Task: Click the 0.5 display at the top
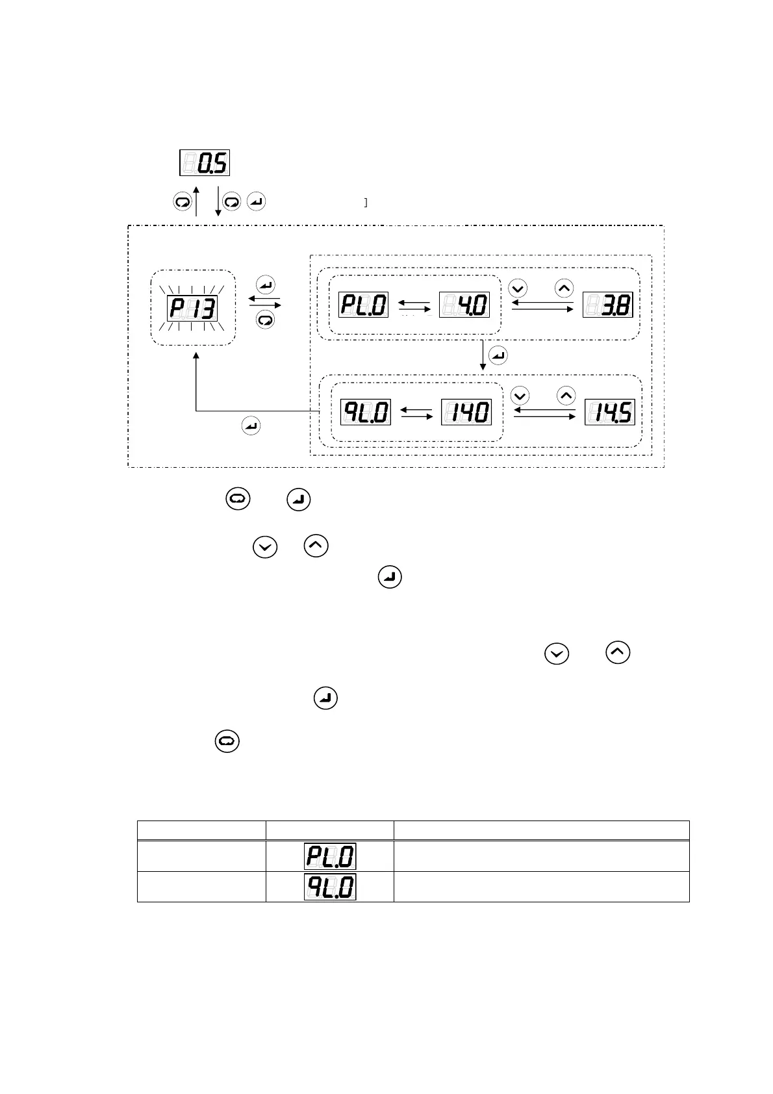click(205, 162)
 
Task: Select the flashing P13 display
click(192, 308)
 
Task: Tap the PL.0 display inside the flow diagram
click(363, 305)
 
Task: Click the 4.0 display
click(464, 305)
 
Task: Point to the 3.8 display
click(607, 305)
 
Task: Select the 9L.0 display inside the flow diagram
click(366, 413)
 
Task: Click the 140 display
click(466, 413)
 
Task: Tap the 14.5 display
click(609, 413)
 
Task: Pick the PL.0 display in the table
click(330, 856)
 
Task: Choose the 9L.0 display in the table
click(330, 887)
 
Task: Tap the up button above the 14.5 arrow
click(566, 395)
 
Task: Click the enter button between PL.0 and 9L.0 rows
click(498, 355)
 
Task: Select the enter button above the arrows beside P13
click(266, 285)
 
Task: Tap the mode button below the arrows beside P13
click(266, 320)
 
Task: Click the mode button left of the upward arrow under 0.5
click(183, 202)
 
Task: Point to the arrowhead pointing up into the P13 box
click(196, 356)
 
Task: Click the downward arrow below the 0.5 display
click(218, 201)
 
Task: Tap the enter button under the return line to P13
click(251, 426)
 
